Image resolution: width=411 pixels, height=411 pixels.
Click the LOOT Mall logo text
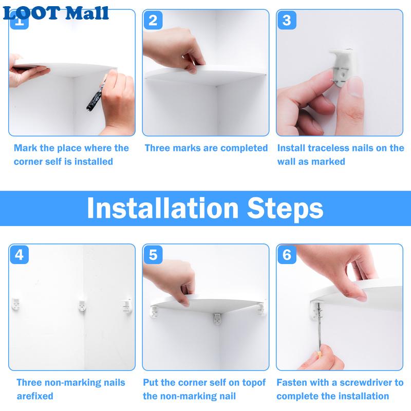coord(55,13)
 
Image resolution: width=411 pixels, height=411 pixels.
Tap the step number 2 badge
coord(153,20)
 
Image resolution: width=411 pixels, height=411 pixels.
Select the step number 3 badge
coord(287,20)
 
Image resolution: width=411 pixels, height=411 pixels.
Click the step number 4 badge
coord(20,255)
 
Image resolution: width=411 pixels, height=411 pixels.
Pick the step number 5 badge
coord(153,255)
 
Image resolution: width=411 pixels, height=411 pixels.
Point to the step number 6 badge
coord(287,255)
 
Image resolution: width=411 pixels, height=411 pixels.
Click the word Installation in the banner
coord(162,208)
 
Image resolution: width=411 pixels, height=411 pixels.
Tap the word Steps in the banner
coord(285,209)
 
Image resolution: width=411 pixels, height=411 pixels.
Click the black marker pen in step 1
coord(96,96)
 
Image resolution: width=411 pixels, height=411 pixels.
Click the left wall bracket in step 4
coord(16,304)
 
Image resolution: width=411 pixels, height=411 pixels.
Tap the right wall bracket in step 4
coord(127,306)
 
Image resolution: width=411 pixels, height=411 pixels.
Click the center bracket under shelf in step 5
coord(217,319)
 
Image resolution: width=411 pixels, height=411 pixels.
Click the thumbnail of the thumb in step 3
coord(356,88)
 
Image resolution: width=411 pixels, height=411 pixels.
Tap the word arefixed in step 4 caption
coord(35,396)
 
